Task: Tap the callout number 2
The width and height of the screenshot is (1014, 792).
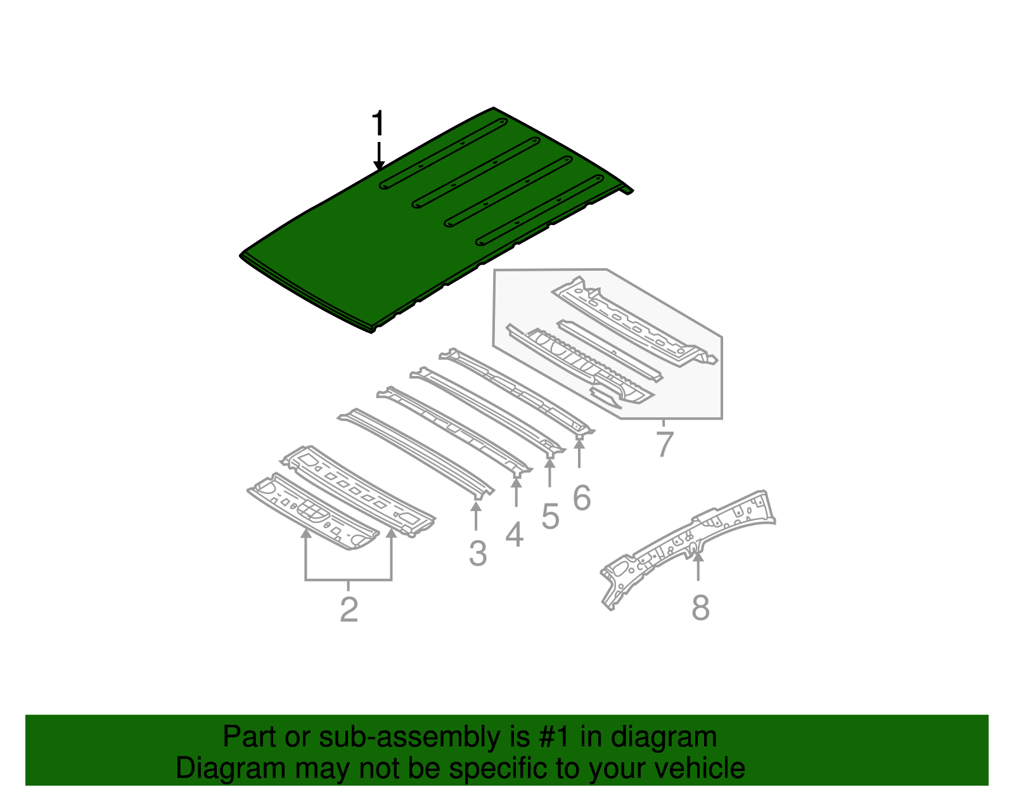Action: (x=349, y=609)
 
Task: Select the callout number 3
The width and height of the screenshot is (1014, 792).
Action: (x=478, y=553)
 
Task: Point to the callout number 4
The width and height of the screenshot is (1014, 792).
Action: (x=515, y=534)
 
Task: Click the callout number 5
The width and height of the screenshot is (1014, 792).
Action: (x=550, y=516)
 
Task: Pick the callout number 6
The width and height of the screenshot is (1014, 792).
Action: (x=581, y=498)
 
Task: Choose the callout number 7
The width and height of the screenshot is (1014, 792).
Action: (x=664, y=444)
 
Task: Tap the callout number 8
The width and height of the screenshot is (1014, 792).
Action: (x=700, y=607)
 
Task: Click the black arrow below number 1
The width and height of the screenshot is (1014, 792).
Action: (x=379, y=156)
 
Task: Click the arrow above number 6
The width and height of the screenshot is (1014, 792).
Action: (x=579, y=451)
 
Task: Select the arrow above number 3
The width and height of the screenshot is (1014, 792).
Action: (x=476, y=514)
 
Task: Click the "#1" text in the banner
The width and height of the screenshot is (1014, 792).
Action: (x=555, y=737)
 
